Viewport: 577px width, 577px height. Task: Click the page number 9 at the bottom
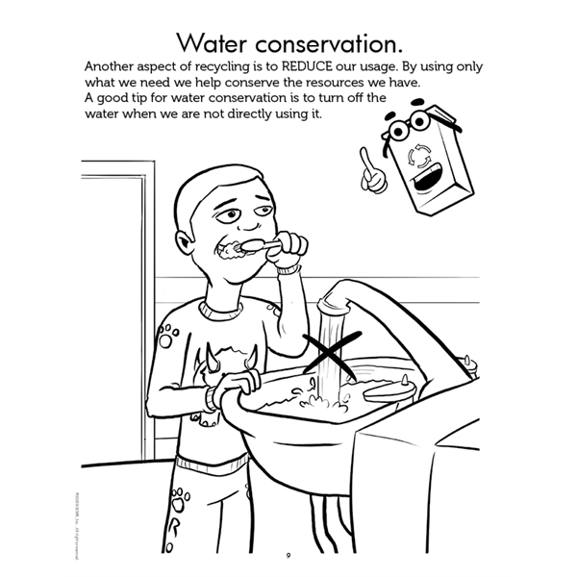[x=288, y=555]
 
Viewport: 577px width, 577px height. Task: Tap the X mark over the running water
[x=329, y=353]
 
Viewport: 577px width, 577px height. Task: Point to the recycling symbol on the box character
[x=420, y=154]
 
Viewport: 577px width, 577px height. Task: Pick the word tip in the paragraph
[x=139, y=98]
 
